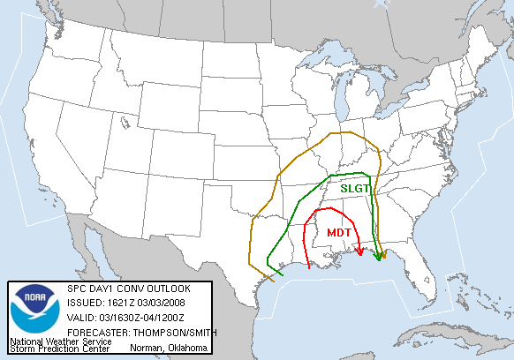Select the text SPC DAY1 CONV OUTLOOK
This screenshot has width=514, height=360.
(x=128, y=289)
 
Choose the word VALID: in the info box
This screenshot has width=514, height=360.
(x=81, y=318)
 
